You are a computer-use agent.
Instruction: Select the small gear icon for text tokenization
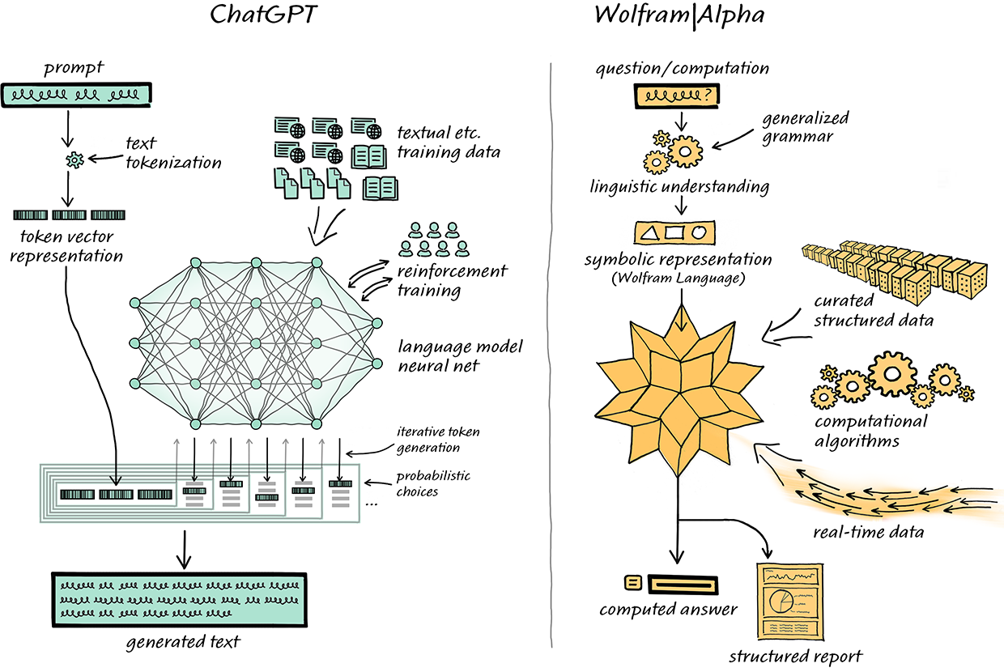(x=74, y=160)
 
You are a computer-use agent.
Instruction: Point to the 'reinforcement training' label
(x=452, y=280)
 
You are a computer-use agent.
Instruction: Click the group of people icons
(x=436, y=239)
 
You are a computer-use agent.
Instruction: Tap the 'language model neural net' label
(x=460, y=357)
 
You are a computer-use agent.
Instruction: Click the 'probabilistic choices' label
(x=433, y=483)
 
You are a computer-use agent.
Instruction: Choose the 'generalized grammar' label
(x=799, y=128)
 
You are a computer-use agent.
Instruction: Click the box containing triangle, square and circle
(x=676, y=234)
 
